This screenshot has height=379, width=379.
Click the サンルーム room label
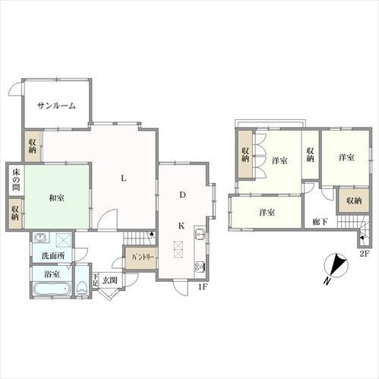pyautogui.click(x=56, y=106)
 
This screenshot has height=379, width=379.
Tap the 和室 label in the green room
pyautogui.click(x=56, y=197)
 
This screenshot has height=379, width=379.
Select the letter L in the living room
pyautogui.click(x=123, y=178)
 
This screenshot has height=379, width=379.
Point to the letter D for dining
pyautogui.click(x=182, y=194)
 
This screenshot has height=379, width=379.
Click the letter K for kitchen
pyautogui.click(x=182, y=226)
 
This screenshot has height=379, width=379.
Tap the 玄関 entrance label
pyautogui.click(x=109, y=280)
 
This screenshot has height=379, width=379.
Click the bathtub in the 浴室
pyautogui.click(x=52, y=289)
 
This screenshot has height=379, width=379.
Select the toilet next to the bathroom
pyautogui.click(x=81, y=288)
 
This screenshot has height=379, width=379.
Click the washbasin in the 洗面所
pyautogui.click(x=40, y=238)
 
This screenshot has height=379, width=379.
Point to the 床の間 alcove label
pyautogui.click(x=16, y=180)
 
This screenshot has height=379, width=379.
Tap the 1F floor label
pyautogui.click(x=203, y=287)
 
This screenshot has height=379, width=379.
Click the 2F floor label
pyautogui.click(x=365, y=254)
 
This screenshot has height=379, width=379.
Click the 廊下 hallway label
pyautogui.click(x=320, y=222)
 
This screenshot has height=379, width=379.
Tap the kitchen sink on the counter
pyautogui.click(x=200, y=233)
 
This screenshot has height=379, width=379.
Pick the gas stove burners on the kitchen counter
pyautogui.click(x=200, y=266)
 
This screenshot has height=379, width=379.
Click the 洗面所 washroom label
pyautogui.click(x=53, y=256)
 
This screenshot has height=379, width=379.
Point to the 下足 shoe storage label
pyautogui.click(x=95, y=280)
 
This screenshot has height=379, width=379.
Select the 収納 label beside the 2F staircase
pyautogui.click(x=354, y=201)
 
